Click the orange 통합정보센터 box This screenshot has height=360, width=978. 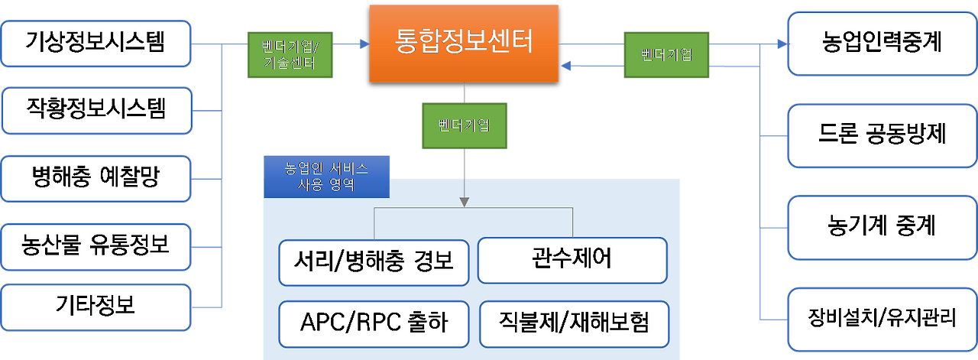[464, 44]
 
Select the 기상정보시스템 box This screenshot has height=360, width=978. [96, 44]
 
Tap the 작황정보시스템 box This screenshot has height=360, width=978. [96, 111]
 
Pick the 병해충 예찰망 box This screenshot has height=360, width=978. [96, 179]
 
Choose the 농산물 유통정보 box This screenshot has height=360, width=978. [96, 247]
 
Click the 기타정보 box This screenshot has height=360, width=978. [96, 307]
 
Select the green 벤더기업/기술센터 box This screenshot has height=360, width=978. [290, 54]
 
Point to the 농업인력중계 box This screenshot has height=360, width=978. [882, 44]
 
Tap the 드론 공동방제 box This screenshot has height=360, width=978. [882, 135]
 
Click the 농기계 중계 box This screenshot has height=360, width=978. [882, 228]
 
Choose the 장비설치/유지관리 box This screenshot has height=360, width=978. [882, 319]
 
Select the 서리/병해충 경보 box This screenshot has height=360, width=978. [374, 263]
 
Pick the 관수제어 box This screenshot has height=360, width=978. [572, 261]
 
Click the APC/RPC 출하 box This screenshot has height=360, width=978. [374, 324]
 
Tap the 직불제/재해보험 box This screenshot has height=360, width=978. [574, 324]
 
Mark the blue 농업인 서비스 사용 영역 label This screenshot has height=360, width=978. [326, 177]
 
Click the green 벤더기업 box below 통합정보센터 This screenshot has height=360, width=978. [465, 126]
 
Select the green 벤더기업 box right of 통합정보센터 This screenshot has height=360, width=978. [666, 54]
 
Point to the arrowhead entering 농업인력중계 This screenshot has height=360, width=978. [782, 44]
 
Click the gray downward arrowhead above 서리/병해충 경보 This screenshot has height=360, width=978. [464, 202]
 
